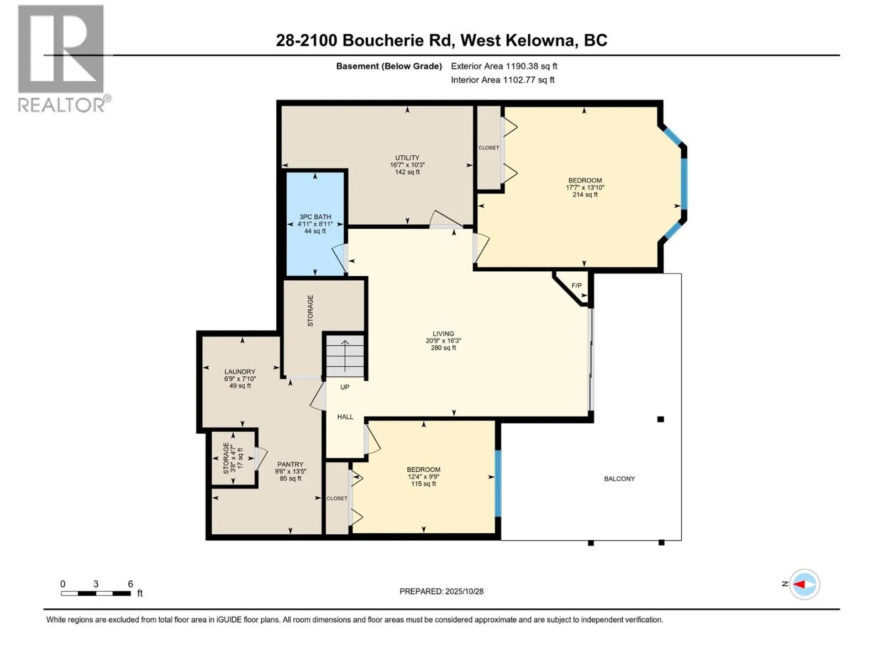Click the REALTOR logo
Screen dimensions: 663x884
pos(61,58)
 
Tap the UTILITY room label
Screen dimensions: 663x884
pos(407,158)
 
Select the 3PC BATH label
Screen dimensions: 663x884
pos(315,217)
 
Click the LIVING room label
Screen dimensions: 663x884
pos(443,334)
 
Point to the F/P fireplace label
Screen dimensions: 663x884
pos(576,286)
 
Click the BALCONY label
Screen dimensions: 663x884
pos(619,479)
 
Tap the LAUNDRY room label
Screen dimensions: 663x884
pos(240,372)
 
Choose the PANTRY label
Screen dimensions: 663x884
pos(290,465)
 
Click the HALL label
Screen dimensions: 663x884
pos(345,417)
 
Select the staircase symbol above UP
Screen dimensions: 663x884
pos(345,356)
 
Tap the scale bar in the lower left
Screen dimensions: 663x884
pos(96,593)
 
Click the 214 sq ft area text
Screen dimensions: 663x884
pos(585,194)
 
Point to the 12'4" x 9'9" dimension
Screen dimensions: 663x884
pos(424,477)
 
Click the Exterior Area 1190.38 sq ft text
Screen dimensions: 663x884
pos(504,66)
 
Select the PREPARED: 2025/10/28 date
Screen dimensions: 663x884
pos(441,591)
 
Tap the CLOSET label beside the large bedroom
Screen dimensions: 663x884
pos(489,148)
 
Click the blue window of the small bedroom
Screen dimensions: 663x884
pos(497,483)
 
